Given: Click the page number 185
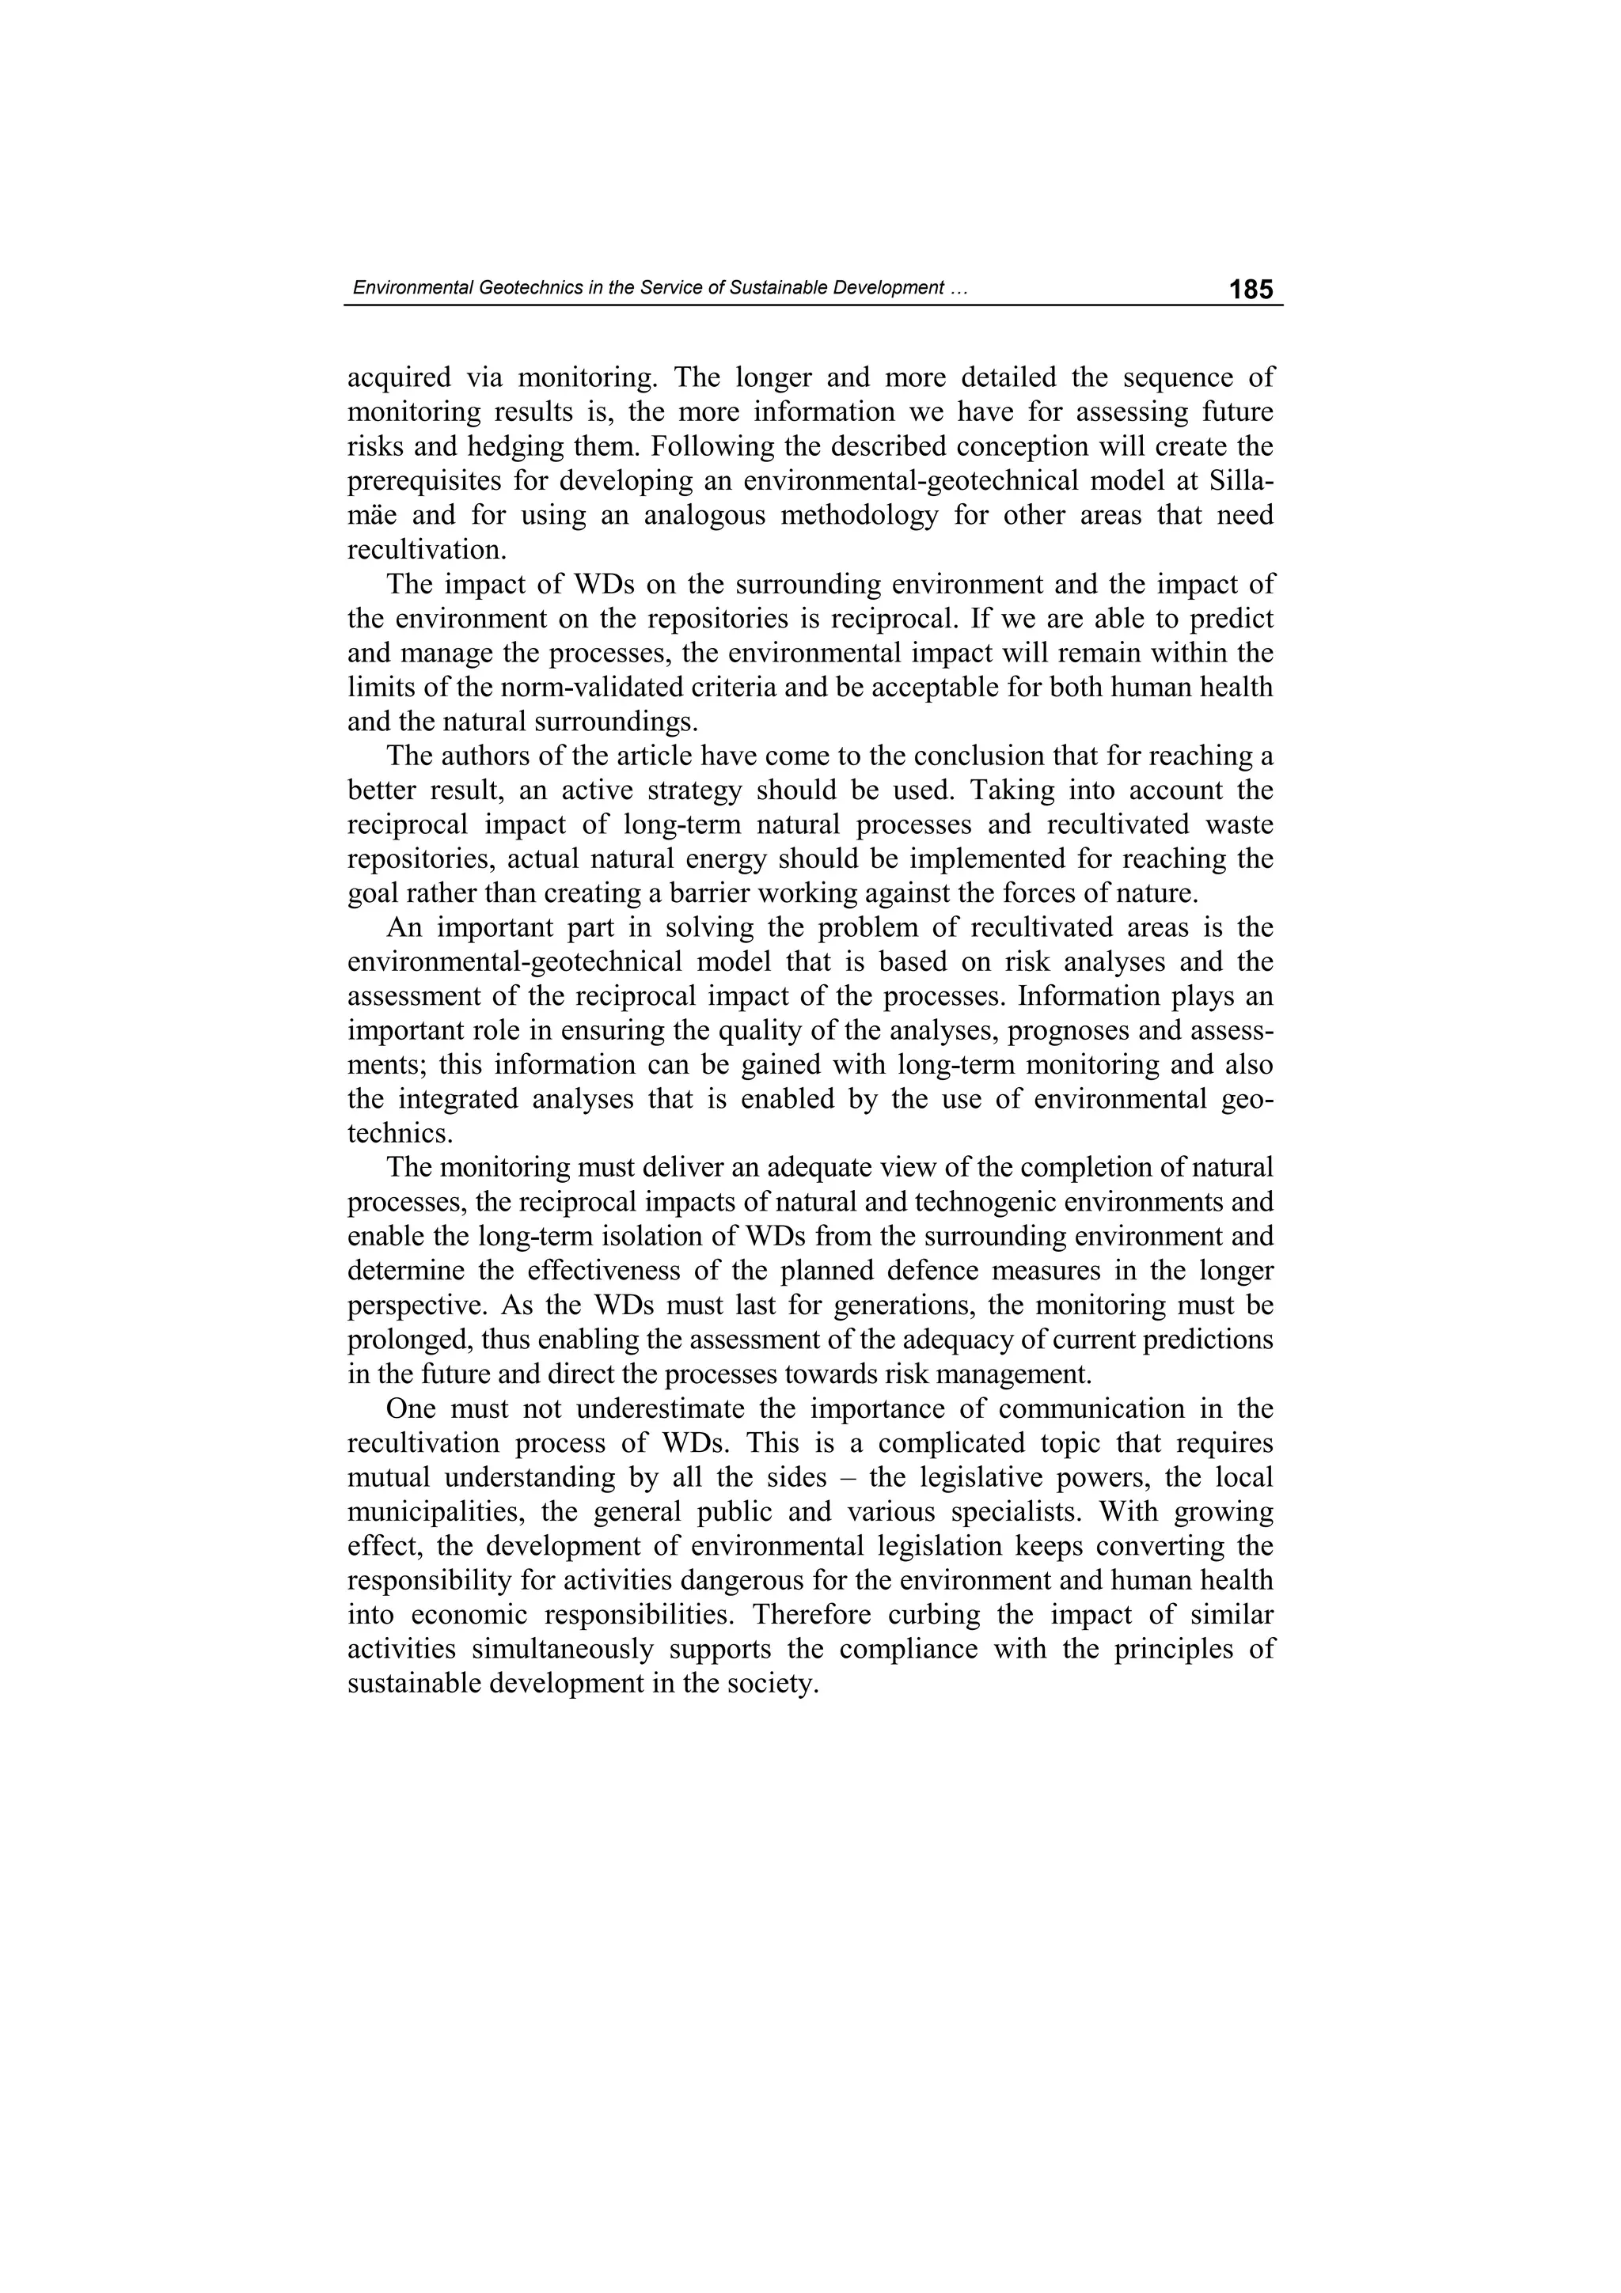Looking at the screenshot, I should coord(1251,290).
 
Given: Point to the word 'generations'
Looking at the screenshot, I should coord(893,1306).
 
